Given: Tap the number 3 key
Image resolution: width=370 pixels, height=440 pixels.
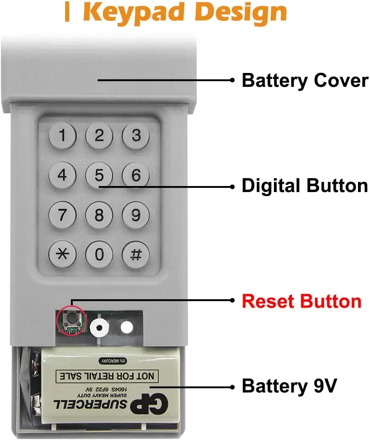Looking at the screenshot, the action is point(136,136).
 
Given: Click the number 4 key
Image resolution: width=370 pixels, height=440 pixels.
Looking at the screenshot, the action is point(62,175).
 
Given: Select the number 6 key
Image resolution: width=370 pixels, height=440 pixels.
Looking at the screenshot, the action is point(136,175).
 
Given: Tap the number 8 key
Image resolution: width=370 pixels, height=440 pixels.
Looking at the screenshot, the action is point(99,215).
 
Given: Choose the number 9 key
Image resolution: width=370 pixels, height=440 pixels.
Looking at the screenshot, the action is point(136,215).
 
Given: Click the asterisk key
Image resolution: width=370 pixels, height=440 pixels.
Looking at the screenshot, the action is point(62,254).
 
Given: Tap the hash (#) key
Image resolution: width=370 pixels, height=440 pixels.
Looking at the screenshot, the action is point(136,254).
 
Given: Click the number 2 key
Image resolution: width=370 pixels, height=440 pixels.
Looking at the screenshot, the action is point(99,136).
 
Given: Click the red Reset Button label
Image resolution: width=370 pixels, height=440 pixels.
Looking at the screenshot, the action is point(302,301).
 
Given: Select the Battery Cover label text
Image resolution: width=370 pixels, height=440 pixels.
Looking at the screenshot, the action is point(305,80).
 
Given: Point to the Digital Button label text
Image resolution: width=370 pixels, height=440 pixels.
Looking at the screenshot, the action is point(305,186).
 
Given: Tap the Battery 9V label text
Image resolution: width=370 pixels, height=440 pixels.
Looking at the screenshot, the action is point(289,386).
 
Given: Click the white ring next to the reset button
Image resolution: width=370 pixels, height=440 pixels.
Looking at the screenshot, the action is point(99,327).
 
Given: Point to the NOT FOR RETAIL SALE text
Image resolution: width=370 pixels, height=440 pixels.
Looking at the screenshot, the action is point(106,376).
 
